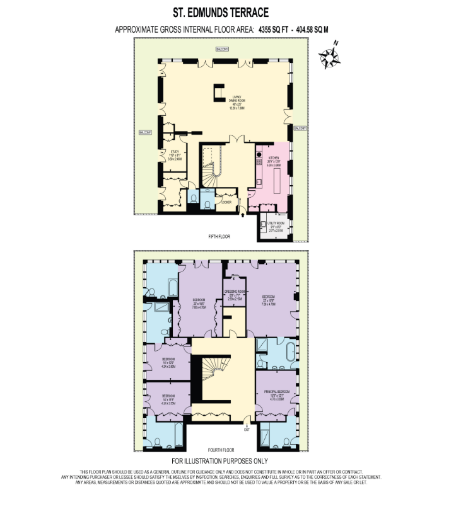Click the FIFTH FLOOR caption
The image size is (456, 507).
[x=220, y=237]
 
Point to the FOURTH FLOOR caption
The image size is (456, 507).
[x=220, y=450]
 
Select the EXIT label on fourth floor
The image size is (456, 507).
[x=248, y=430]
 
